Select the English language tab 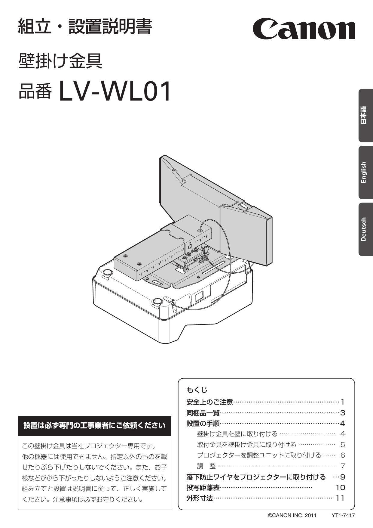365,172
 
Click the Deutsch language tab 365,229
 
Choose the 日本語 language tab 365,115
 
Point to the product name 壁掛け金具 60,61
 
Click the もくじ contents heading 197,390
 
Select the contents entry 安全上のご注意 210,402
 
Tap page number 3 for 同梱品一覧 343,413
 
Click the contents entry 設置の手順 203,424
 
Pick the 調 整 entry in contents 206,466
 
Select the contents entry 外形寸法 200,498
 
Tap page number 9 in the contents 343,477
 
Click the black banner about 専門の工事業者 94,425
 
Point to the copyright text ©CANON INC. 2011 292,515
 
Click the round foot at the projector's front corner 157,302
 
